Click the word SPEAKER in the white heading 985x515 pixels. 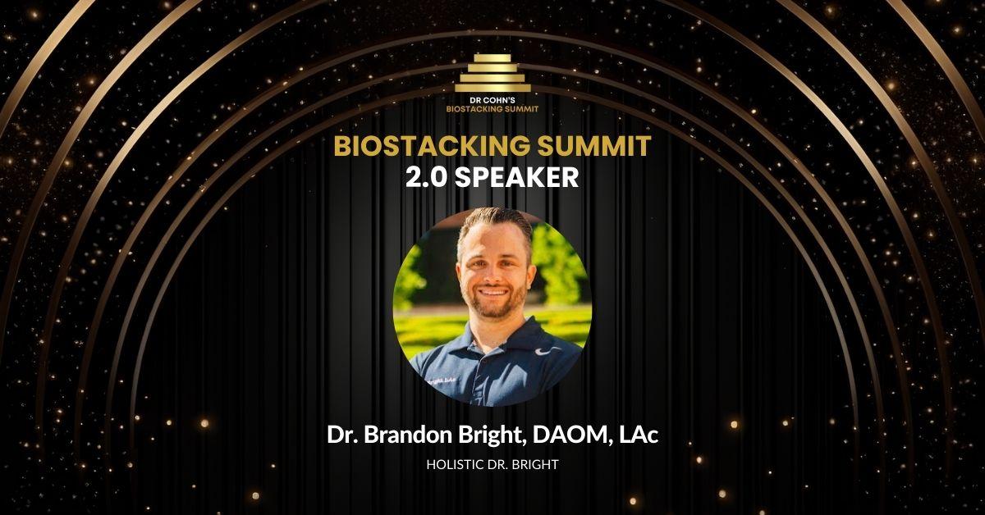point(523,179)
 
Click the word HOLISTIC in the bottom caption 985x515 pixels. point(455,464)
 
